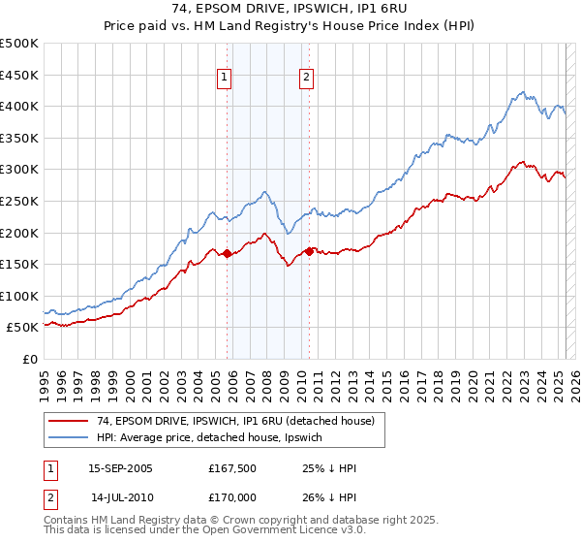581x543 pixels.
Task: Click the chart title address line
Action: click(x=290, y=9)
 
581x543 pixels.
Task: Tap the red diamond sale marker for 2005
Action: click(x=227, y=254)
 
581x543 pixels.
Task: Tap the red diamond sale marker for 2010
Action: click(x=309, y=251)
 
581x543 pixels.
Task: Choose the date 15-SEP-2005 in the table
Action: click(x=120, y=467)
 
